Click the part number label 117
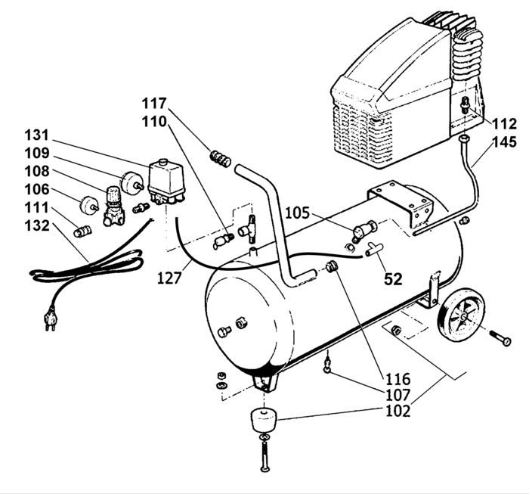pos(154,104)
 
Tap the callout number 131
pos(37,135)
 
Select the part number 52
pos(394,279)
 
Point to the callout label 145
pos(505,141)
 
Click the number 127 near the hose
pos(169,278)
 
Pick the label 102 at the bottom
pos(398,411)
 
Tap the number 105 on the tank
pos(297,213)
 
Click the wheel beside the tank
pos(461,316)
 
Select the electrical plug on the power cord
pos(51,318)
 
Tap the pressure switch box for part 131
pos(166,182)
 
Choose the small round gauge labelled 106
pos(89,205)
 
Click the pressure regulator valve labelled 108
pos(114,207)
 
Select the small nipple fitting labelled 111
pos(82,231)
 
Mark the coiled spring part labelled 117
pos(221,159)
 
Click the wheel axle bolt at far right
pos(500,337)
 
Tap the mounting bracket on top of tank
pos(400,203)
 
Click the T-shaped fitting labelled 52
pos(374,249)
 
